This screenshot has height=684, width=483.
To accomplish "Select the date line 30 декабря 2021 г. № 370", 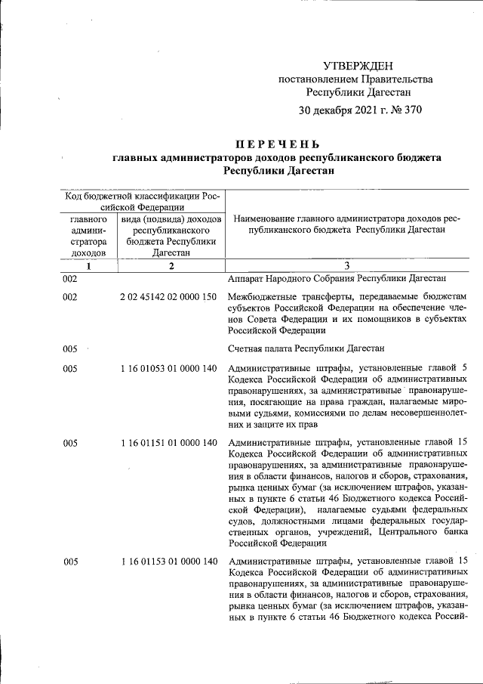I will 359,110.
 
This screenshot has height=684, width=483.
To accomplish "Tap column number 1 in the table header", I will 88,265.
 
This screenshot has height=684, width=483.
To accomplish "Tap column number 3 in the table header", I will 346,265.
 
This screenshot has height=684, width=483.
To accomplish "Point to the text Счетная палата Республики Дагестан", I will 306,348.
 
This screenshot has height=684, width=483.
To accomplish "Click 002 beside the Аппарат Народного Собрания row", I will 70,278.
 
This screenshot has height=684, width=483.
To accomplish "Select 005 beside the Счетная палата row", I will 70,348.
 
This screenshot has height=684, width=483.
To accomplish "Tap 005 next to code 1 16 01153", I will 70,561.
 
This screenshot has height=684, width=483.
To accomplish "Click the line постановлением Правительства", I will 356,79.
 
